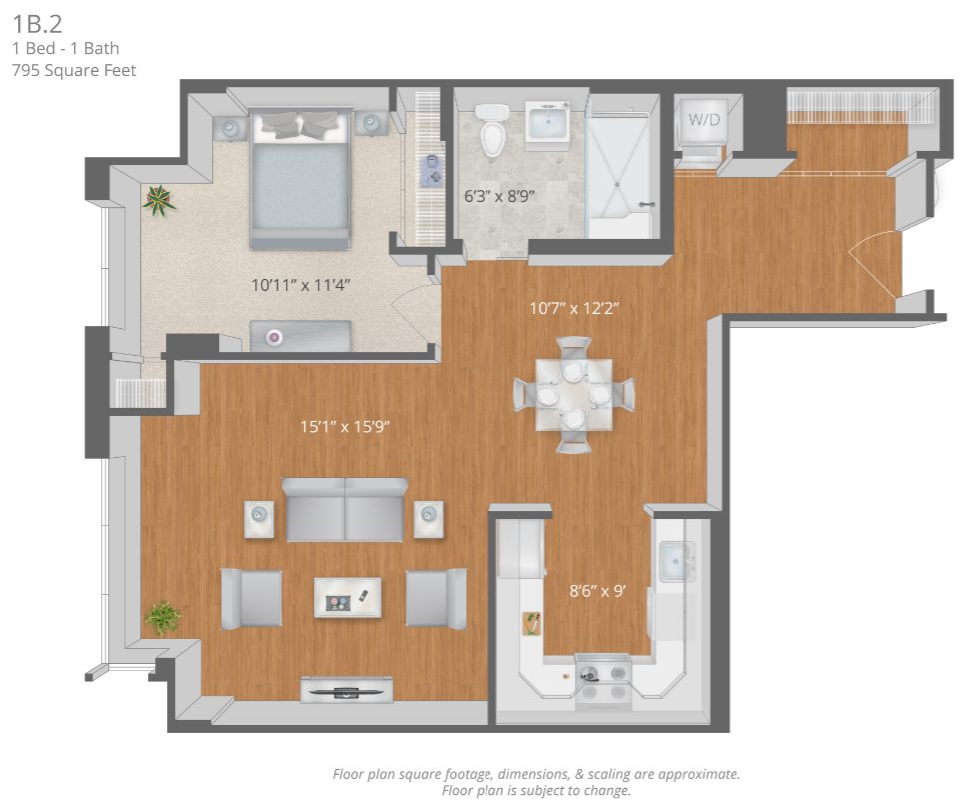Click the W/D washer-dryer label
[704, 119]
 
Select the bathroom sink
[547, 121]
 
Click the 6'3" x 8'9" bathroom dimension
[499, 196]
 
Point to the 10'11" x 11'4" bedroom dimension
[301, 285]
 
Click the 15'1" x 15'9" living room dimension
[345, 426]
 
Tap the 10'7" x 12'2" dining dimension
[574, 308]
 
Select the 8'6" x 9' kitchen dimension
[597, 590]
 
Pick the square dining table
[574, 395]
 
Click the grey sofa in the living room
[345, 509]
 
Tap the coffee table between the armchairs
[348, 597]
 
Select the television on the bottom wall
[347, 690]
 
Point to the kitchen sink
[677, 562]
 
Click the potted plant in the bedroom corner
[159, 200]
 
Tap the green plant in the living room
[163, 617]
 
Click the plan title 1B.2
[38, 24]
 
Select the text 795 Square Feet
[74, 70]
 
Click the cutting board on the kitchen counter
[531, 623]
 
